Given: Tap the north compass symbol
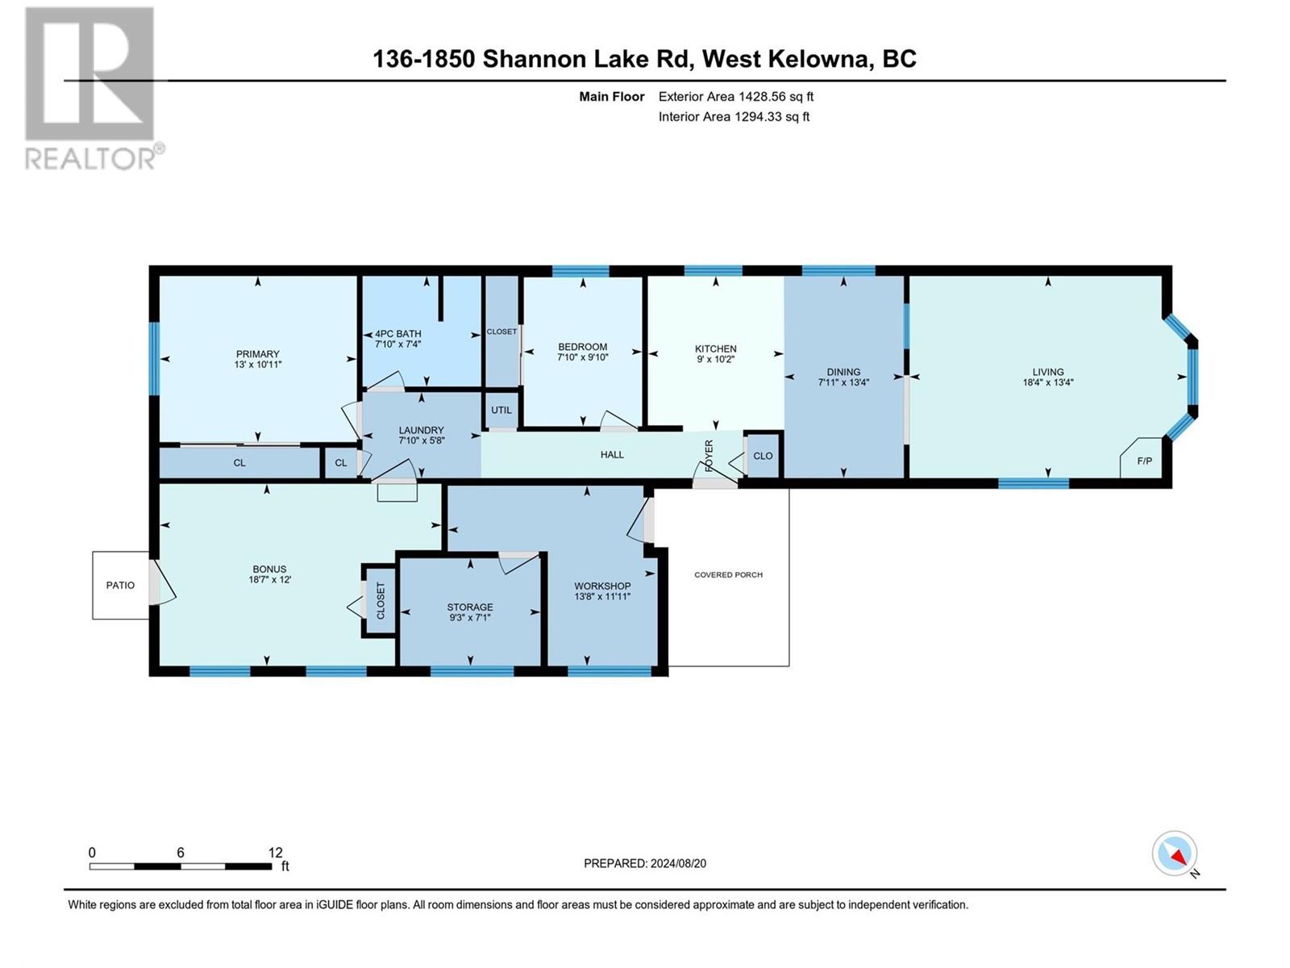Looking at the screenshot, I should pyautogui.click(x=1175, y=853).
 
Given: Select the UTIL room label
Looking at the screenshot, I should pyautogui.click(x=501, y=410).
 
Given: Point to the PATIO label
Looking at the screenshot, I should pyautogui.click(x=121, y=585).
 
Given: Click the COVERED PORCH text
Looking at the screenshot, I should pyautogui.click(x=728, y=575).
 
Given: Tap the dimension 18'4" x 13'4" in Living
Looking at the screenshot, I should pyautogui.click(x=1048, y=383).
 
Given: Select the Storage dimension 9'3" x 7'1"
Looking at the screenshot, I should pyautogui.click(x=470, y=618).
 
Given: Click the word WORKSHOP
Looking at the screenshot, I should pyautogui.click(x=602, y=586).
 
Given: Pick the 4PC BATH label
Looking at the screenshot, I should pyautogui.click(x=398, y=333).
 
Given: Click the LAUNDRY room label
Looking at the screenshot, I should pyautogui.click(x=421, y=430).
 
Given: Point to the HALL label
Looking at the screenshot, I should pyautogui.click(x=612, y=455).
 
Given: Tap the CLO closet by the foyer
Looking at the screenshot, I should pyautogui.click(x=763, y=456).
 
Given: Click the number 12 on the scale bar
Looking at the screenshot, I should pyautogui.click(x=276, y=853).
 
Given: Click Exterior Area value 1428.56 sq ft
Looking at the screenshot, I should pyautogui.click(x=776, y=97).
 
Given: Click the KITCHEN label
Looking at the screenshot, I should pyautogui.click(x=716, y=348).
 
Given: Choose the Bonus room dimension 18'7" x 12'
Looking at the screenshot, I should pyautogui.click(x=269, y=579).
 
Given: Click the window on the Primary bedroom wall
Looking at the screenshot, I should pyautogui.click(x=154, y=359).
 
